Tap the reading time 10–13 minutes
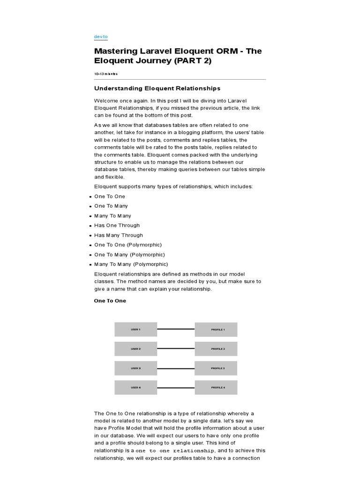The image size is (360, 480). (x=106, y=74)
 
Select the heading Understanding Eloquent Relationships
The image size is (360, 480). (x=157, y=88)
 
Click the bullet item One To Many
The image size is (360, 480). (x=111, y=206)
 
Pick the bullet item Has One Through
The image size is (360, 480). (x=117, y=225)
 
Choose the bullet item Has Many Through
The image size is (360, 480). (x=119, y=235)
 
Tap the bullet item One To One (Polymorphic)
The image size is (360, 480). (x=128, y=245)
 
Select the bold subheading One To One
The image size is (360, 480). (x=110, y=301)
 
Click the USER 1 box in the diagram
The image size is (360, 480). (x=135, y=330)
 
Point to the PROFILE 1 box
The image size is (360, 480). (x=216, y=330)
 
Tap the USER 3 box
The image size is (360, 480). (x=135, y=368)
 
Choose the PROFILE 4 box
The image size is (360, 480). (x=216, y=388)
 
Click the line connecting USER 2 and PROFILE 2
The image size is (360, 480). (x=176, y=349)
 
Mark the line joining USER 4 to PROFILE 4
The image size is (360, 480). (x=176, y=388)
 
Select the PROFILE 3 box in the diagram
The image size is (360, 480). (x=216, y=368)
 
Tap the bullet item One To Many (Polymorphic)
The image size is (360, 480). (x=129, y=255)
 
